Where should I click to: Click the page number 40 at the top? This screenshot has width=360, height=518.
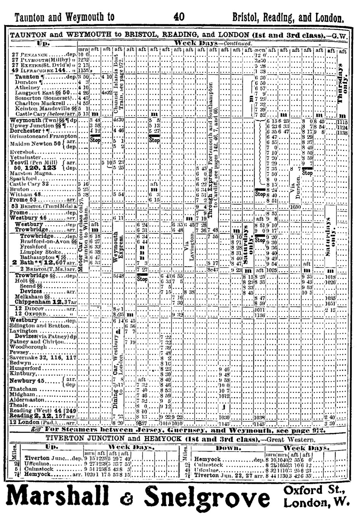[x=179, y=16]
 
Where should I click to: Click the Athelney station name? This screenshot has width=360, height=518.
[x=26, y=87]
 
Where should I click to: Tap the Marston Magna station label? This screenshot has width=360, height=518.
[x=27, y=173]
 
